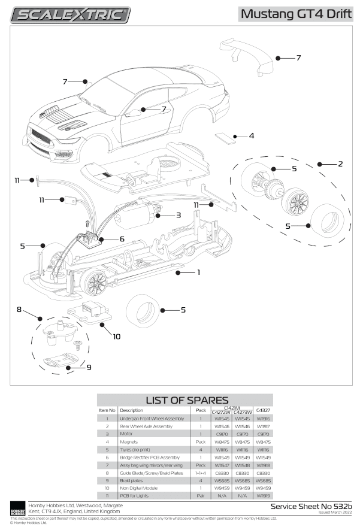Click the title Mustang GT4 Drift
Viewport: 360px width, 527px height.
pyautogui.click(x=296, y=14)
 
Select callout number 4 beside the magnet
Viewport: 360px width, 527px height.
pyautogui.click(x=252, y=136)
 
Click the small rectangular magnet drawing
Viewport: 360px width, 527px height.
pyautogui.click(x=225, y=138)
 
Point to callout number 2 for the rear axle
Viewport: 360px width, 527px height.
pyautogui.click(x=340, y=163)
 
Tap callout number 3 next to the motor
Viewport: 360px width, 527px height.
pyautogui.click(x=178, y=214)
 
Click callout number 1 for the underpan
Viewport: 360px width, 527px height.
pyautogui.click(x=198, y=272)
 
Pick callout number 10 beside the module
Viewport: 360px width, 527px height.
pyautogui.click(x=116, y=337)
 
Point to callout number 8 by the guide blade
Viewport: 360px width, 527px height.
pyautogui.click(x=19, y=310)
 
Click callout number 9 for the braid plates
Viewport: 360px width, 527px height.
pyautogui.click(x=89, y=367)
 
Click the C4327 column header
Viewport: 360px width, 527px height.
pyautogui.click(x=263, y=410)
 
